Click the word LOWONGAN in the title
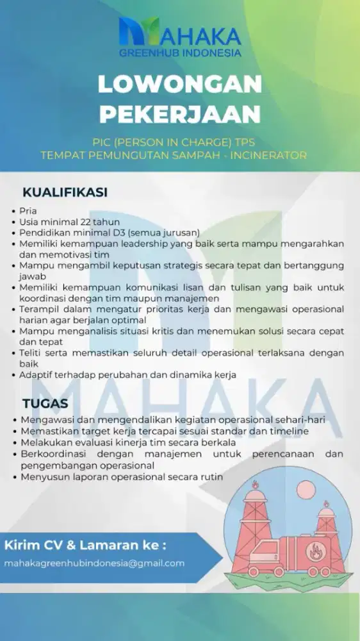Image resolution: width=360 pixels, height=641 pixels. pos(179,85)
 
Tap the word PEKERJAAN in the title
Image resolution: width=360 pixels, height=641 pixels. pos(180,113)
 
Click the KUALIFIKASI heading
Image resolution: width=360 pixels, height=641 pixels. pos(65,192)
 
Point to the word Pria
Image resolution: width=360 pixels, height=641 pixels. pos(29,211)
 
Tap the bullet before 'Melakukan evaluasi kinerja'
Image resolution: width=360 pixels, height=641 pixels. pos(14,443)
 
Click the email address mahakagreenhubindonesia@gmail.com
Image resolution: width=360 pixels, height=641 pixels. pos(94,563)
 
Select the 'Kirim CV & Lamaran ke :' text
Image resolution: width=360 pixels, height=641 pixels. pos(85,545)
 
